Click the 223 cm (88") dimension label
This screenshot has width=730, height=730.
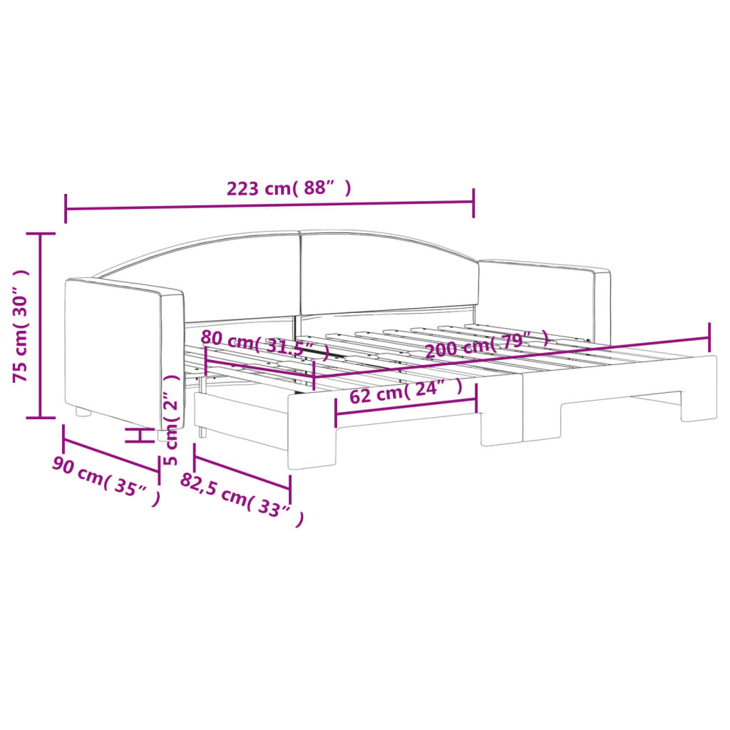click(288, 189)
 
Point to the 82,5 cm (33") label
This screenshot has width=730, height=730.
click(242, 498)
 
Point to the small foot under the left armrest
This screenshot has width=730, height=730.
click(83, 411)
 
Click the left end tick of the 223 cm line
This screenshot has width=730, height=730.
click(66, 208)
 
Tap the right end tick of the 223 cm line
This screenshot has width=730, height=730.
click(473, 200)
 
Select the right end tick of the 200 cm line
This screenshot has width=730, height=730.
click(709, 332)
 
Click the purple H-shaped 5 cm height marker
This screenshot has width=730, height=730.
click(140, 435)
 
